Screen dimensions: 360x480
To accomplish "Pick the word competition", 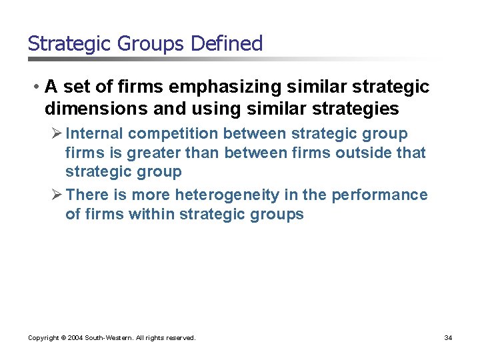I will (x=175, y=133).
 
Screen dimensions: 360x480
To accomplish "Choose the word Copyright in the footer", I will (x=43, y=338).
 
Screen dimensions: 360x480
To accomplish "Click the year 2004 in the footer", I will (x=75, y=338).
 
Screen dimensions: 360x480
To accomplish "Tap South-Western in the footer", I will (x=109, y=338).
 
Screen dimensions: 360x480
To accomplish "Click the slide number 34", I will (x=448, y=338).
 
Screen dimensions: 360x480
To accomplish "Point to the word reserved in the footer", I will (x=179, y=338).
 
